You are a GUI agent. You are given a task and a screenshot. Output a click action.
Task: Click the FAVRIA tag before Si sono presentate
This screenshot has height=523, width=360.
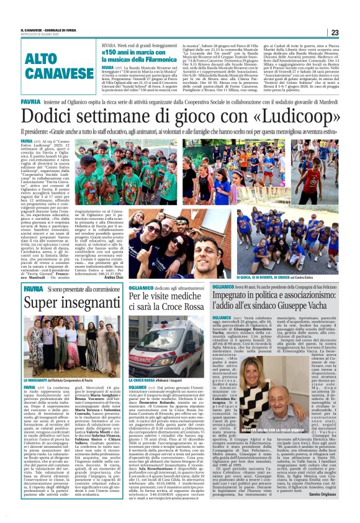click(x=32, y=289)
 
